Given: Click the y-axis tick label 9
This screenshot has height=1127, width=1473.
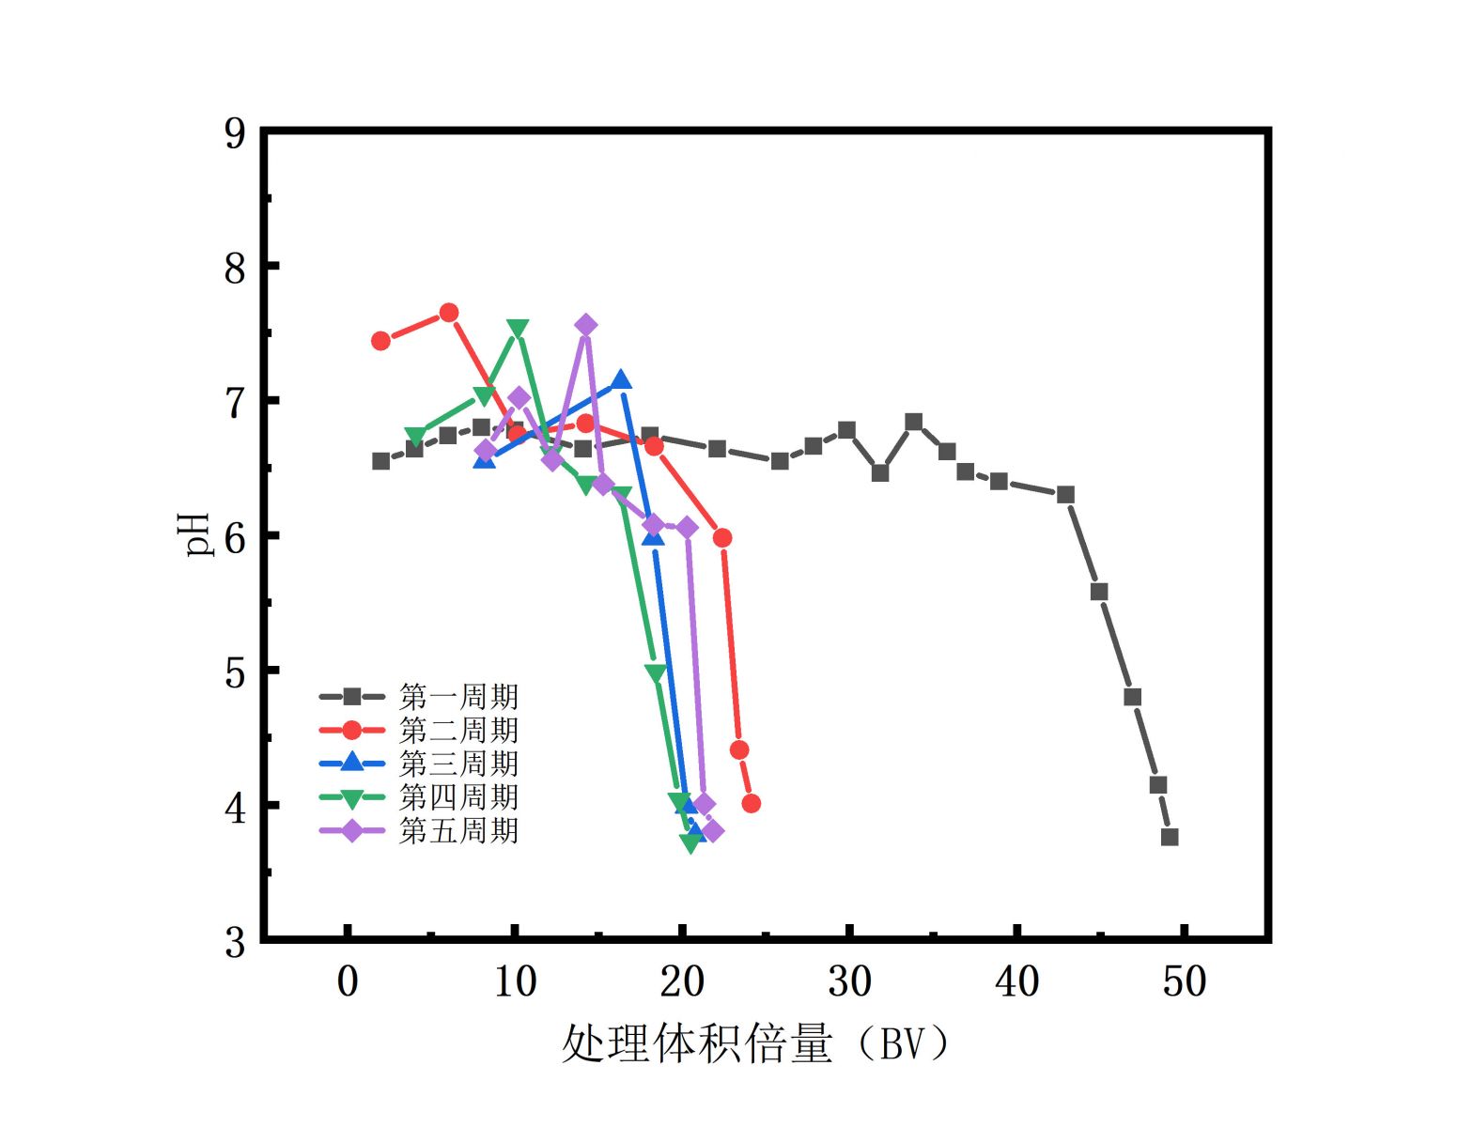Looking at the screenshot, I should pyautogui.click(x=235, y=134).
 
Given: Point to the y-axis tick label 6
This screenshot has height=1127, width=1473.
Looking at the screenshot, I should pyautogui.click(x=235, y=538).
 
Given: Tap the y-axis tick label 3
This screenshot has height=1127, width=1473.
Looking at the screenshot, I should pyautogui.click(x=235, y=942).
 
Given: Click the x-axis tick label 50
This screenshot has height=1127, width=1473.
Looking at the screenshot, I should pyautogui.click(x=1184, y=981).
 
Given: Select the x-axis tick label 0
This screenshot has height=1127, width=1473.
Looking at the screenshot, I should pyautogui.click(x=348, y=981).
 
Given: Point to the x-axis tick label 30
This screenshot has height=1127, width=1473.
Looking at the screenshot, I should pyautogui.click(x=849, y=981).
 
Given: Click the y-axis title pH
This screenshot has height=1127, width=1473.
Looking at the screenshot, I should pyautogui.click(x=196, y=534).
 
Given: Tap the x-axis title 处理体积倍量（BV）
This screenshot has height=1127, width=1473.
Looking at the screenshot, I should pyautogui.click(x=755, y=1043).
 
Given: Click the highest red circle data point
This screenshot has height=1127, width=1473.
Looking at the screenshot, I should pyautogui.click(x=449, y=313).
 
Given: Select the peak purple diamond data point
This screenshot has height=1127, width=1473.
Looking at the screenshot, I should pyautogui.click(x=585, y=326).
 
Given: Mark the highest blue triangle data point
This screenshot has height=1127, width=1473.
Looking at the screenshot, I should pyautogui.click(x=620, y=380).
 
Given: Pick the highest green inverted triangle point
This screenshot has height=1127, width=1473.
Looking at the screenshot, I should pyautogui.click(x=517, y=329).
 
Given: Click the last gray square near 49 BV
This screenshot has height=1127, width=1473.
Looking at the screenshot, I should pyautogui.click(x=1170, y=837).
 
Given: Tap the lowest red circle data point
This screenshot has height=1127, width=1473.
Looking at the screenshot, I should pyautogui.click(x=751, y=804).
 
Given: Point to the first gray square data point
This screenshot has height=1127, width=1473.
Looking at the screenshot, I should pyautogui.click(x=381, y=461).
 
